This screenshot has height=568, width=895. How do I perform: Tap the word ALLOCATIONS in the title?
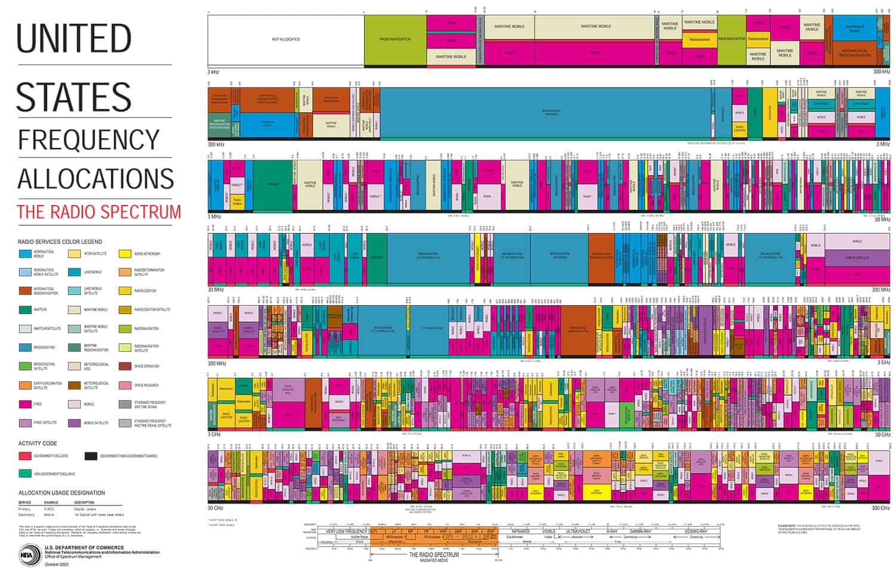point(95,179)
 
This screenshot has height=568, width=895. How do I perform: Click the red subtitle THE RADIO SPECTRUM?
point(99,212)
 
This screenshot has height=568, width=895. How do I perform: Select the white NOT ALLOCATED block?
point(286,39)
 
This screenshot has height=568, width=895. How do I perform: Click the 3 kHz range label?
point(214,72)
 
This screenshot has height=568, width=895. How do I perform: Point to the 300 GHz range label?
point(880,508)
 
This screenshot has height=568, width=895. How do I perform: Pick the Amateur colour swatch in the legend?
point(25,310)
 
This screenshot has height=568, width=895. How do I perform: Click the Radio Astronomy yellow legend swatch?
point(125,254)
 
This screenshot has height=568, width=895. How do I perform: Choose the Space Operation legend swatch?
point(125,367)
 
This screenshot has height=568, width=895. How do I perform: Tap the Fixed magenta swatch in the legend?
point(25,404)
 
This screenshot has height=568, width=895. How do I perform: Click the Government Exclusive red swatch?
point(25,456)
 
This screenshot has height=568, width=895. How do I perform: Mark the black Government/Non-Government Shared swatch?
point(91,456)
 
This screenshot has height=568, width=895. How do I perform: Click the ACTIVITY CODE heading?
point(38,443)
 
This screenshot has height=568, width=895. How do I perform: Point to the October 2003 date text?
point(57,564)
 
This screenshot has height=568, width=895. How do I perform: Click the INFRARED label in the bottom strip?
point(520,531)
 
